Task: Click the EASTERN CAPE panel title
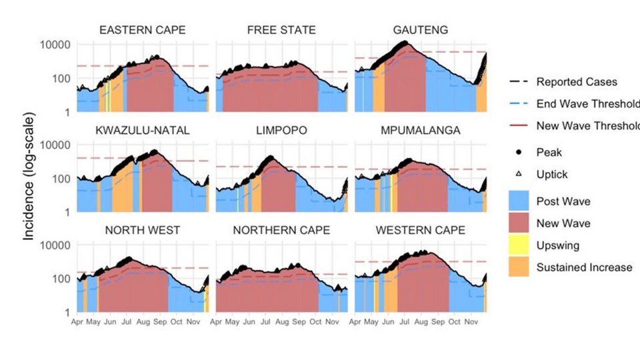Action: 142,30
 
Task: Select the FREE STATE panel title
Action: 281,30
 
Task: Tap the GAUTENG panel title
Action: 421,30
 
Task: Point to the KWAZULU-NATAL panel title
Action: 142,130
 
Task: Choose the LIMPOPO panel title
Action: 281,130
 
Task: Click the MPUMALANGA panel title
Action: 421,130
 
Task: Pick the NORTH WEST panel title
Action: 142,230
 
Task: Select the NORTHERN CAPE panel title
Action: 281,230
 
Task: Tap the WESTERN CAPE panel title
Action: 421,230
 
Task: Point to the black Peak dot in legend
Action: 519,152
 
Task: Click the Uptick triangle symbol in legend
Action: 519,174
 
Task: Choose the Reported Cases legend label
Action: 577,82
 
